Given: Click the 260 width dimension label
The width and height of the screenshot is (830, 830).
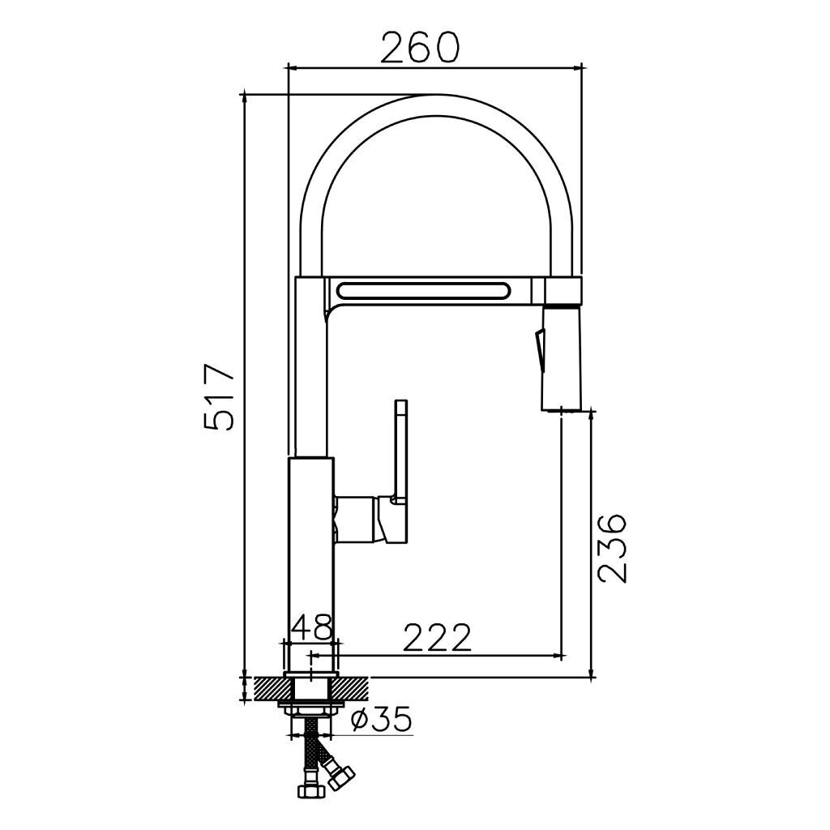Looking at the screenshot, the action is click(x=420, y=47).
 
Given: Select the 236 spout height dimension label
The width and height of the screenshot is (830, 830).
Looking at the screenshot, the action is click(x=612, y=547).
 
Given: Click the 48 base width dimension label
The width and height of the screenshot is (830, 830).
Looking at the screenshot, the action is click(x=312, y=627).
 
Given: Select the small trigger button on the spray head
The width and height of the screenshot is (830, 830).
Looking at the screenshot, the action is click(x=540, y=348).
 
